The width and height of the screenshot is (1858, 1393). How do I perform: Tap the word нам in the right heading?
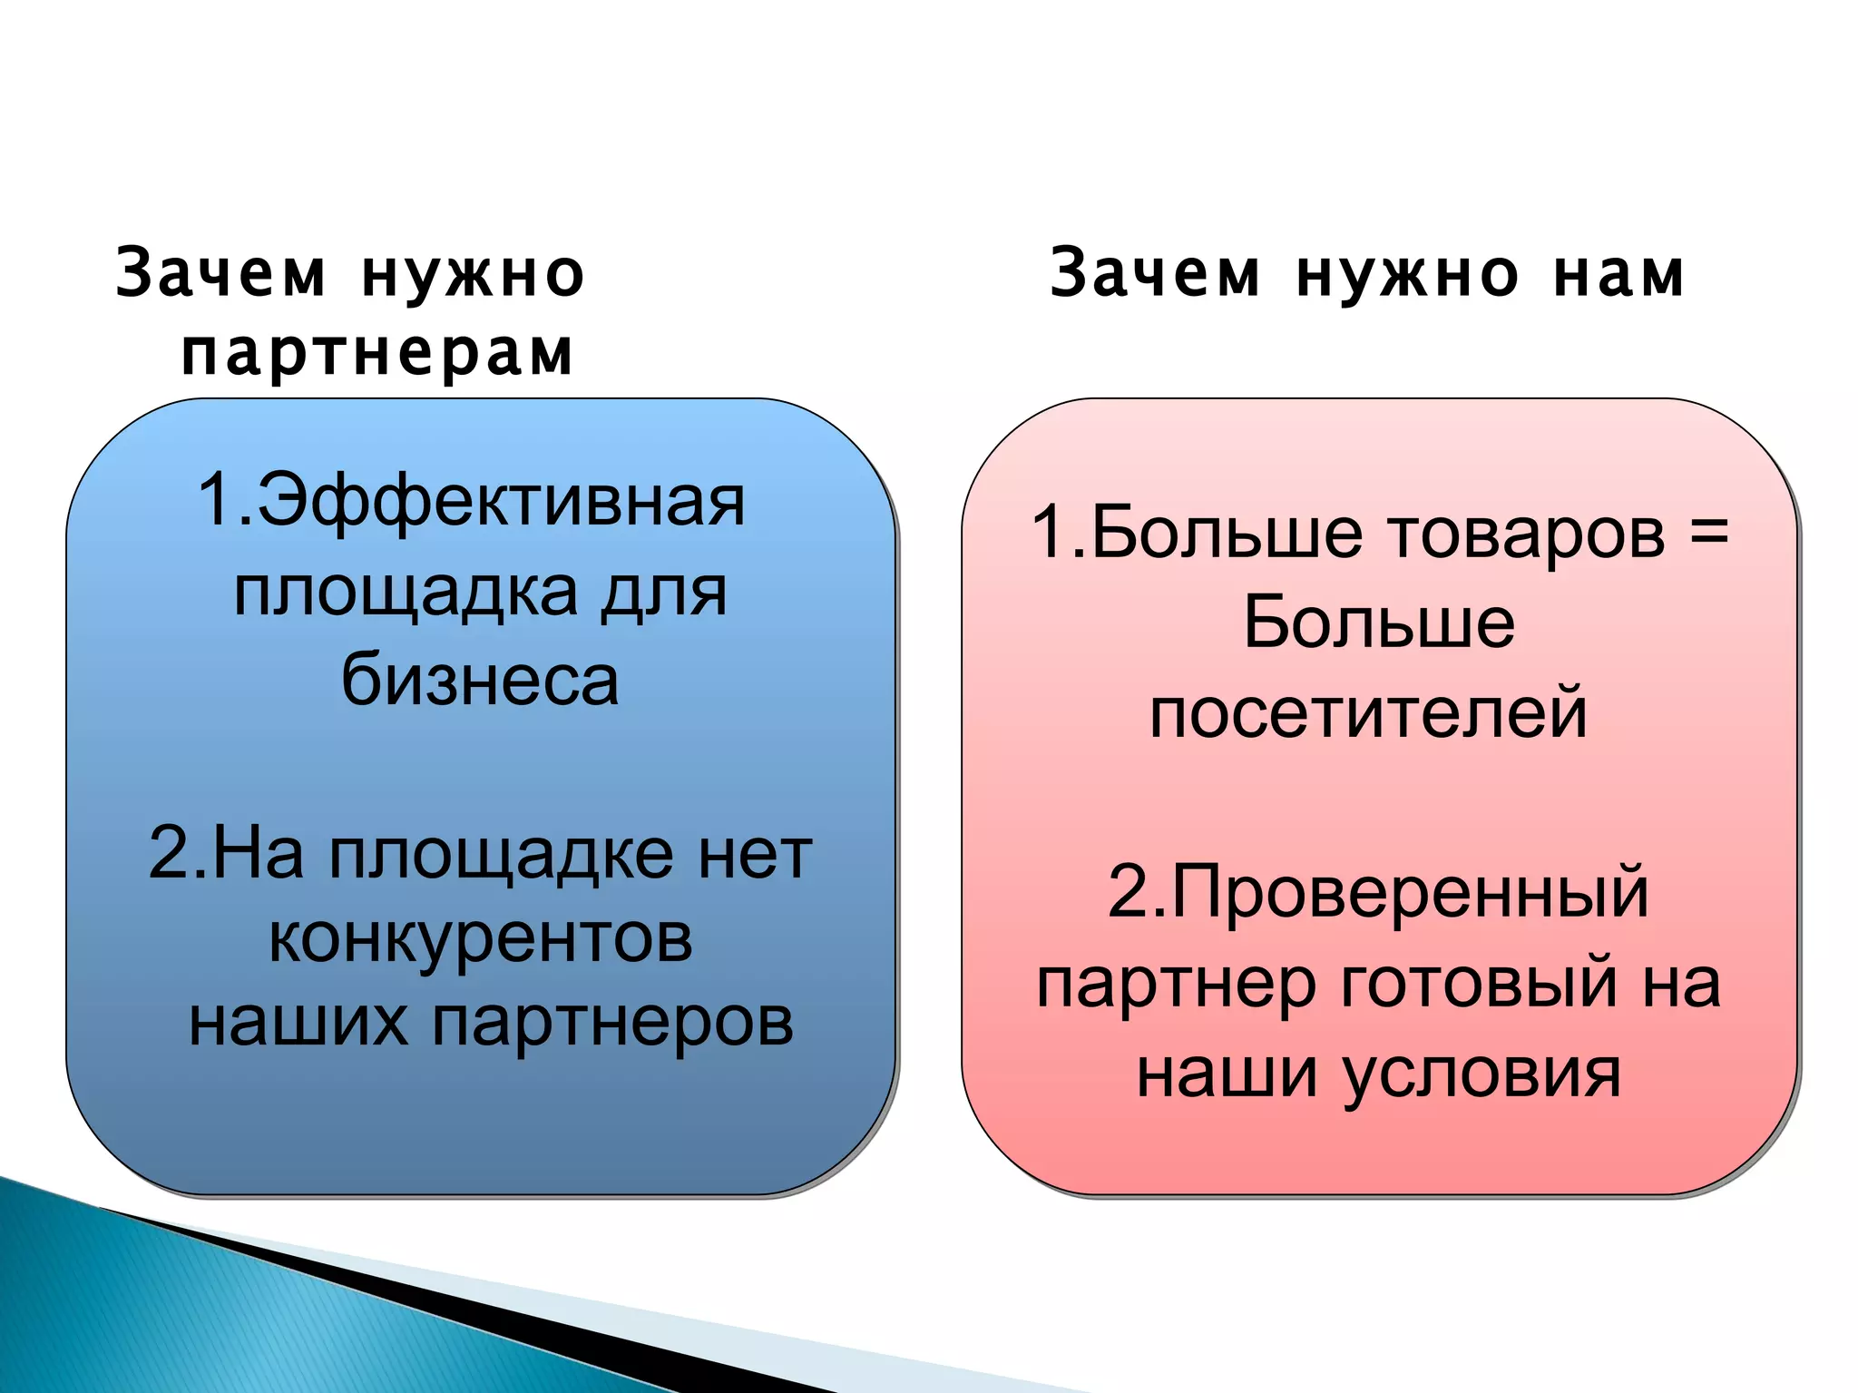point(1619,274)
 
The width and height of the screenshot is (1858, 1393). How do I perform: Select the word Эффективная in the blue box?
point(501,501)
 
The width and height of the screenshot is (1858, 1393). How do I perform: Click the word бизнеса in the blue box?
point(480,681)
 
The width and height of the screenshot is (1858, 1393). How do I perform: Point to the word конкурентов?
point(480,938)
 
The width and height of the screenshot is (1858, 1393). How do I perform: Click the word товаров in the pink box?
point(1528,533)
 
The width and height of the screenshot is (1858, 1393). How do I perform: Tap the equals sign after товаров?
point(1709,531)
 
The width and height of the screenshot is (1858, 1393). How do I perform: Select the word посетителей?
point(1368,714)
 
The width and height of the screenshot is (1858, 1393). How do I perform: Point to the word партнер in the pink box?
point(1177,986)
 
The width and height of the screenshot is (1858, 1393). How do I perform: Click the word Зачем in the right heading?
point(1155,274)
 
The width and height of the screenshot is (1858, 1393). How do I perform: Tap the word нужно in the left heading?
point(473,274)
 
